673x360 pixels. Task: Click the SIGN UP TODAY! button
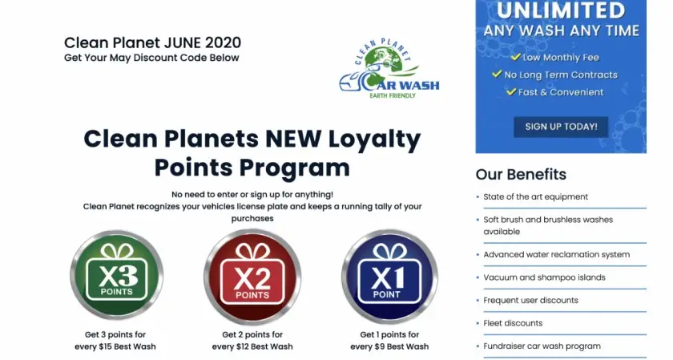coord(561,127)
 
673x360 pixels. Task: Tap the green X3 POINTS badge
coord(117,275)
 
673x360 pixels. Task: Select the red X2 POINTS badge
coord(252,277)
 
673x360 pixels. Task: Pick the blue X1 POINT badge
coord(389,276)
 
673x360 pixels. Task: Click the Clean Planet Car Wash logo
coord(389,69)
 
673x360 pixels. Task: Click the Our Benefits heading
coord(521,175)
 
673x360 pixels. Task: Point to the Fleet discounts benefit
coord(513,323)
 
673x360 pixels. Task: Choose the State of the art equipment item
coord(536,196)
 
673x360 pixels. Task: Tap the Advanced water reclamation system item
coord(557,254)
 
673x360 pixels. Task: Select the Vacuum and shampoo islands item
coord(544,277)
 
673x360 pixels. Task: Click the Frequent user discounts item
coord(530,301)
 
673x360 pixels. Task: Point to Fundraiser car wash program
coord(542,346)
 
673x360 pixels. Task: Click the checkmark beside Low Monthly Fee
coord(515,57)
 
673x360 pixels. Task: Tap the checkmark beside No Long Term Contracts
coord(497,74)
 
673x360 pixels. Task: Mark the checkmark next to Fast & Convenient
coord(511,91)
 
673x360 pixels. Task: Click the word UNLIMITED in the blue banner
coord(561,10)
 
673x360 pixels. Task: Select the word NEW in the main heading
coord(293,139)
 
